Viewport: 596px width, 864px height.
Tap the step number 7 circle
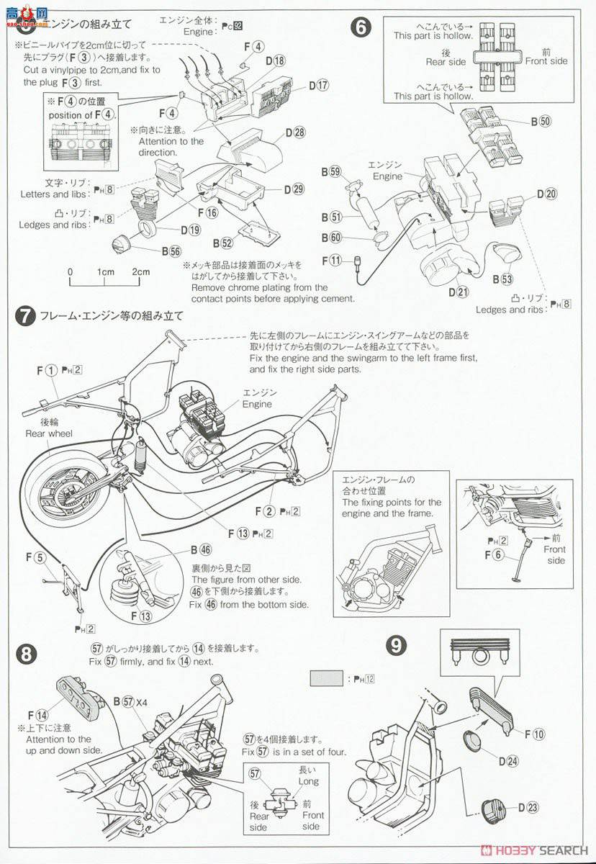pyautogui.click(x=25, y=315)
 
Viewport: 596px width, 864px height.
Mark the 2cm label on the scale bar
pyautogui.click(x=140, y=271)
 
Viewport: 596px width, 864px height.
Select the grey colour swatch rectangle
pyautogui.click(x=325, y=678)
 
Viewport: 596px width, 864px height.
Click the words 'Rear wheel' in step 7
pyautogui.click(x=49, y=433)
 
